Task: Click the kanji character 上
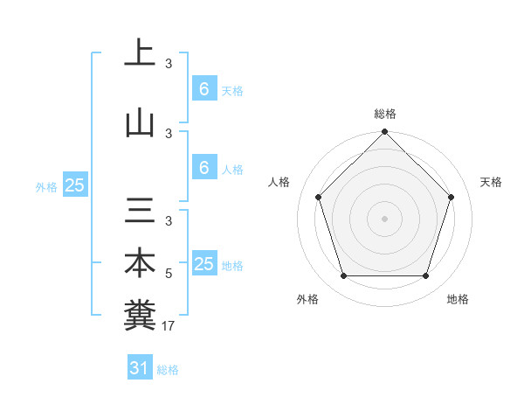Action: (140, 53)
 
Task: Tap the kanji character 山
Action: (140, 123)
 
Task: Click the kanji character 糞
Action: (140, 314)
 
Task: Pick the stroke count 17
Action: (169, 326)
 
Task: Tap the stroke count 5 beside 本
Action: (169, 274)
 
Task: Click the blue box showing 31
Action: (139, 368)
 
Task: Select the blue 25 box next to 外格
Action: (74, 185)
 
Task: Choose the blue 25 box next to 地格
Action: (203, 264)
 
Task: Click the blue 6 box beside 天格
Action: (203, 89)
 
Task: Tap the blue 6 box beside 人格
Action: (203, 168)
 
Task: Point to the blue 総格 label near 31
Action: (168, 370)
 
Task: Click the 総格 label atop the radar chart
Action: (385, 114)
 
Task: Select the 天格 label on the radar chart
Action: (492, 182)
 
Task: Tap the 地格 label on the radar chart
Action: (458, 299)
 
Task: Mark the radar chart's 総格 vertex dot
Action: (385, 132)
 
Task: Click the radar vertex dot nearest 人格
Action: (319, 197)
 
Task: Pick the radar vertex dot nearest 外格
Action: (344, 276)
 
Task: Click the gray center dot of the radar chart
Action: (385, 218)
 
